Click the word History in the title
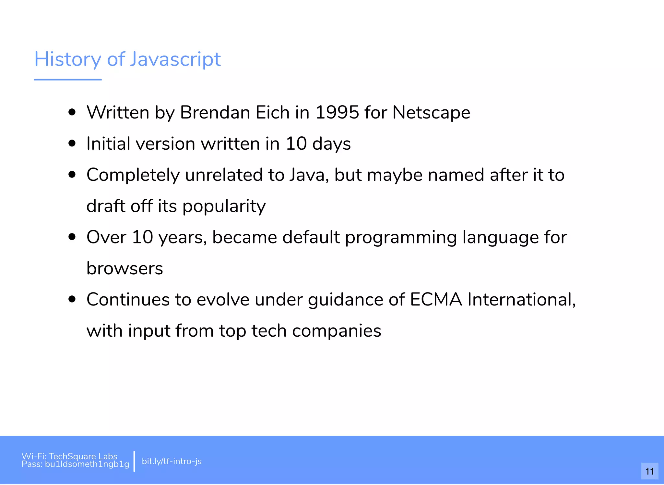click(x=68, y=59)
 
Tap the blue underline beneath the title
click(x=68, y=80)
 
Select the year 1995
click(x=337, y=113)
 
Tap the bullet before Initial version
click(x=72, y=143)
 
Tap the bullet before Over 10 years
click(x=72, y=237)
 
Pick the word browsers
click(x=124, y=268)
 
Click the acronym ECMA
click(x=436, y=299)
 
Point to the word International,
click(x=521, y=299)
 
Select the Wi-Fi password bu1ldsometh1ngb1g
click(x=87, y=464)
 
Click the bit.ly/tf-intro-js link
click(x=172, y=461)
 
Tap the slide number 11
click(x=649, y=471)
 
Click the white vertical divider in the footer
click(x=134, y=461)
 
